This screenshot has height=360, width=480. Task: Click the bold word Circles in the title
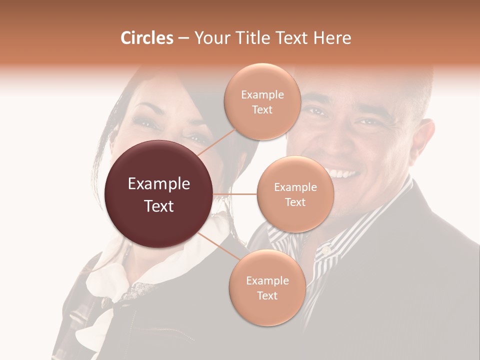(x=146, y=38)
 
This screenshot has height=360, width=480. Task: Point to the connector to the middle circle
(x=235, y=194)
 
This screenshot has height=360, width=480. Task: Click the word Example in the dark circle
(x=159, y=184)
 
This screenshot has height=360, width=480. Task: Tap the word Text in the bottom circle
(x=267, y=295)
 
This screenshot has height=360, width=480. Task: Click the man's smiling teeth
(x=344, y=174)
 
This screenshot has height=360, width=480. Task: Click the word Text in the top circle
(x=262, y=109)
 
